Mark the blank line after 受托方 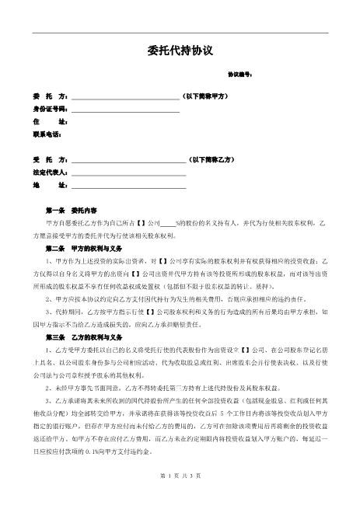pos(128,161)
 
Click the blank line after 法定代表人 pos(128,173)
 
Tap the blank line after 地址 pos(128,187)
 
